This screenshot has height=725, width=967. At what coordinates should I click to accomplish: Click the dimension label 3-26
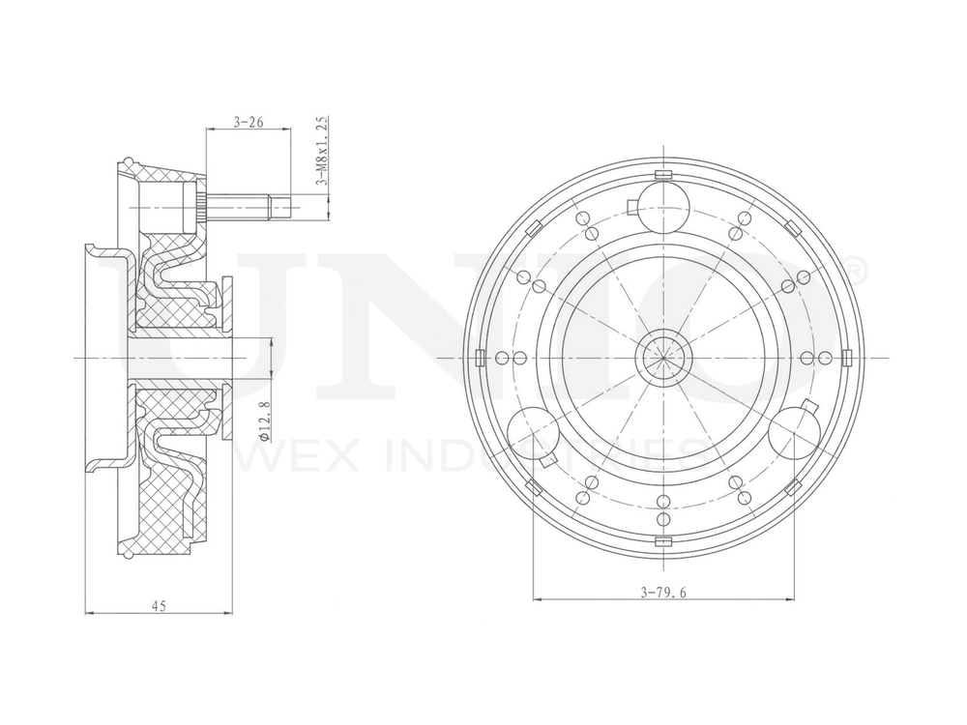[249, 123]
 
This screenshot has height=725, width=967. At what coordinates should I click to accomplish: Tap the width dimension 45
[160, 605]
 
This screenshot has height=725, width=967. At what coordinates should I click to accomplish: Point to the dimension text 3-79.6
[662, 593]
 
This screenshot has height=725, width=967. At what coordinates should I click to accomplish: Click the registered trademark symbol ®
[856, 266]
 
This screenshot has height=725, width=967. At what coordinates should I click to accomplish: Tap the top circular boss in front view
[663, 205]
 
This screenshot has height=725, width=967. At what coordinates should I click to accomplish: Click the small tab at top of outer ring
[663, 174]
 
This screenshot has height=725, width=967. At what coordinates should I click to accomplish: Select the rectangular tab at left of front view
[481, 359]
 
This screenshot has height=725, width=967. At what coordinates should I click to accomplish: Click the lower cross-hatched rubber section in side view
[164, 503]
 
